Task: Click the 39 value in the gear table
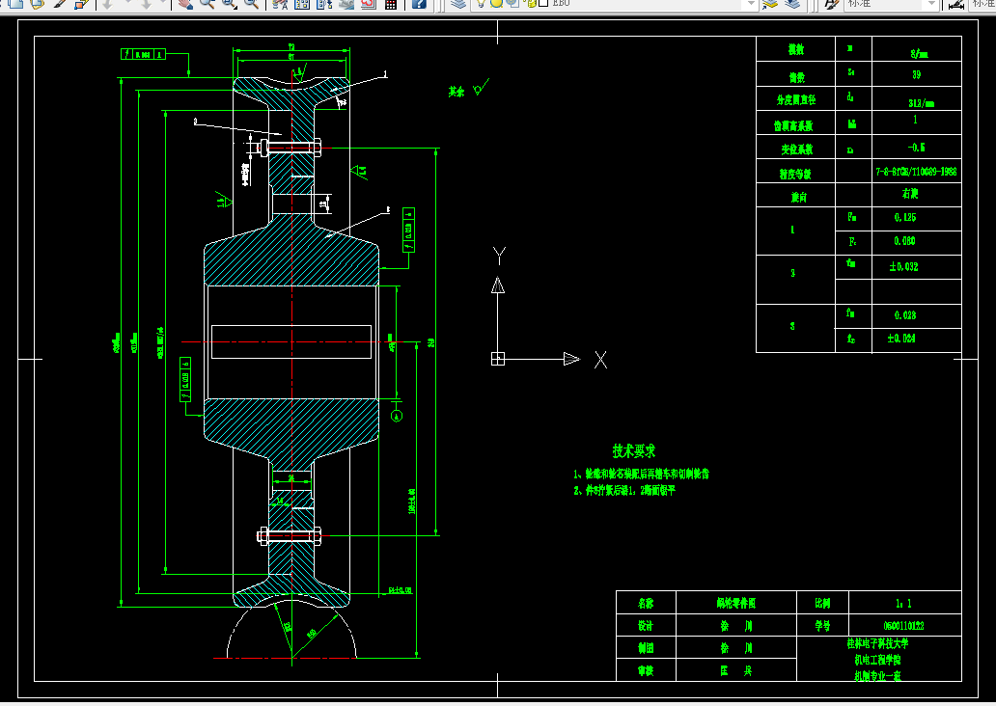pos(915,73)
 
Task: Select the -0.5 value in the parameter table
pos(915,148)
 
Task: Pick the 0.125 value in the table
pos(904,218)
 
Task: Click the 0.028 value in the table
pos(904,315)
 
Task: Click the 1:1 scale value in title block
pos(903,602)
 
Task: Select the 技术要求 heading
pos(634,450)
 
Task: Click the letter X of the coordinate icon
pos(600,360)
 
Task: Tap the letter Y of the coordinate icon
pos(499,256)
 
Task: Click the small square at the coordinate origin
pos(498,359)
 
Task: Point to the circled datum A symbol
pos(397,415)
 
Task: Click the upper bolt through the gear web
pos(289,148)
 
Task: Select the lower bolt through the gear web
pos(289,536)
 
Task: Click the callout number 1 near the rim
pos(384,73)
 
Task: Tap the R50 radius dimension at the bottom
pos(311,634)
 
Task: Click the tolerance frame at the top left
pos(140,55)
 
